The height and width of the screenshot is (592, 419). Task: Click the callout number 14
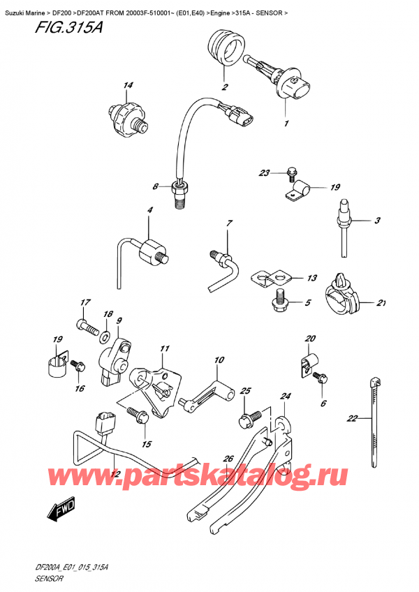(x=128, y=87)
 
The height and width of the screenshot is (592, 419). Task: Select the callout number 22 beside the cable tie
(x=352, y=419)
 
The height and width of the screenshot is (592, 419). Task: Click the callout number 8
(x=156, y=186)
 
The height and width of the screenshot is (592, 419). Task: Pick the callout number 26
(x=228, y=459)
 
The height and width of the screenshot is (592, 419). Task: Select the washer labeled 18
(x=105, y=338)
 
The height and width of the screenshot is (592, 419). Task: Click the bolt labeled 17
(x=84, y=325)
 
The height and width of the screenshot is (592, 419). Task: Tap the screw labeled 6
(x=322, y=378)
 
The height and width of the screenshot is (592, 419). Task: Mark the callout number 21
(x=381, y=303)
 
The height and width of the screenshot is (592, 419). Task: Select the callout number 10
(x=219, y=360)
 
